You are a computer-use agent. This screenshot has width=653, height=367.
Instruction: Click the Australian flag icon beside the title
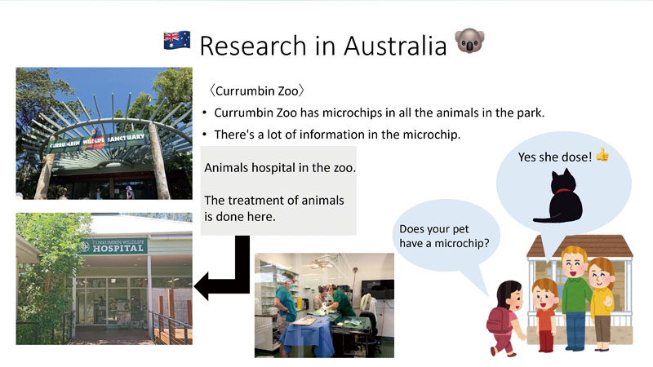tap(177, 40)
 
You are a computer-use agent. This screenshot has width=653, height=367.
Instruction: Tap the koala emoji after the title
tap(470, 41)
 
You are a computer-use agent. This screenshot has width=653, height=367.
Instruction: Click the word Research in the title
tap(253, 46)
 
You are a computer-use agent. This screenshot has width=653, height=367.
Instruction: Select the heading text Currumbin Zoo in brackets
tap(257, 91)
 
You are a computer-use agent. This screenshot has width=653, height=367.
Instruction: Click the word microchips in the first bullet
tap(353, 113)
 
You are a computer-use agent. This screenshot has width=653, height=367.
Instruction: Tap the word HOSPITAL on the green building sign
tap(118, 249)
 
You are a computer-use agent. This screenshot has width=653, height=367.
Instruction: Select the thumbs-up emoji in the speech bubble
tap(602, 155)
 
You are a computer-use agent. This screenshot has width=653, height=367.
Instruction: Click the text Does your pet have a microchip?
tap(444, 236)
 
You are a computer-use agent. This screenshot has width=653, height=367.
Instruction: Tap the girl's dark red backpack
tap(499, 321)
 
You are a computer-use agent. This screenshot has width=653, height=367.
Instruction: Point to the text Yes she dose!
tap(555, 157)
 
